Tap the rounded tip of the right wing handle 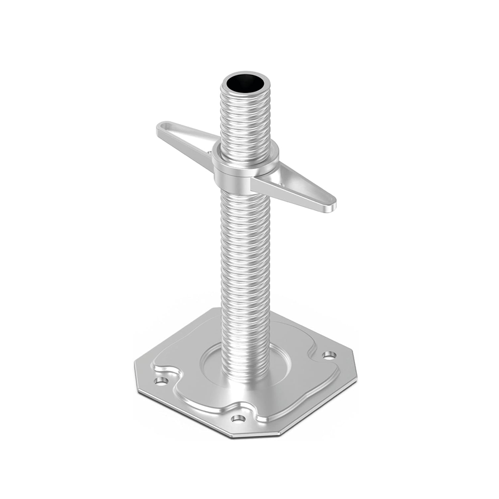coord(332,203)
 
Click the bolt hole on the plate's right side coord(328,356)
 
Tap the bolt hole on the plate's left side coord(160,379)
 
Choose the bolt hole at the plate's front coord(238,418)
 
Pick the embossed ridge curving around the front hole coord(256,412)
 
